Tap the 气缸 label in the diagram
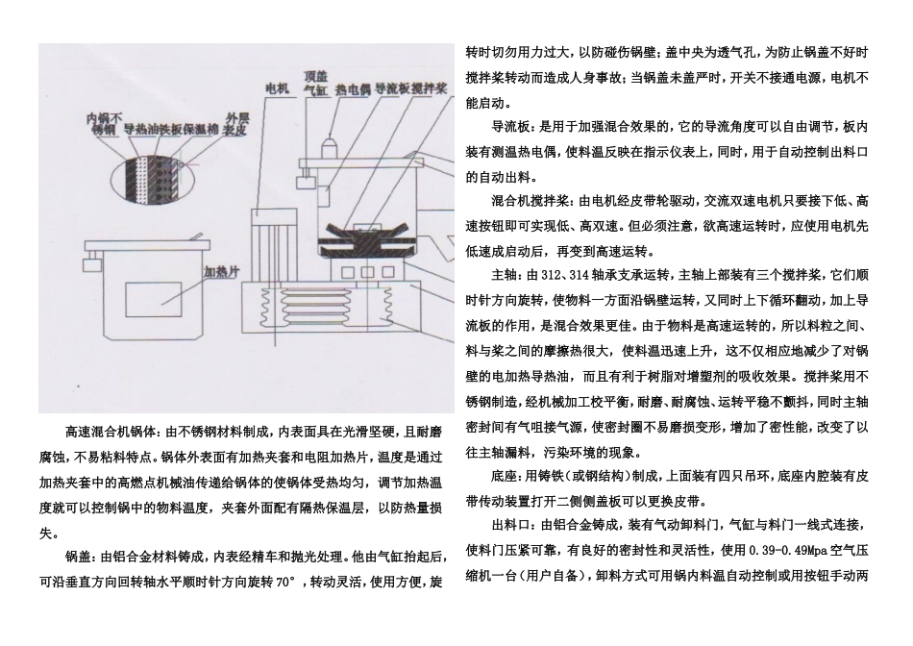(316, 89)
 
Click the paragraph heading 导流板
(512, 127)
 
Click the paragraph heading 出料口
(508, 527)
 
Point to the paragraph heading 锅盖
(78, 557)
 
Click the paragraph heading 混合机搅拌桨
(531, 202)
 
